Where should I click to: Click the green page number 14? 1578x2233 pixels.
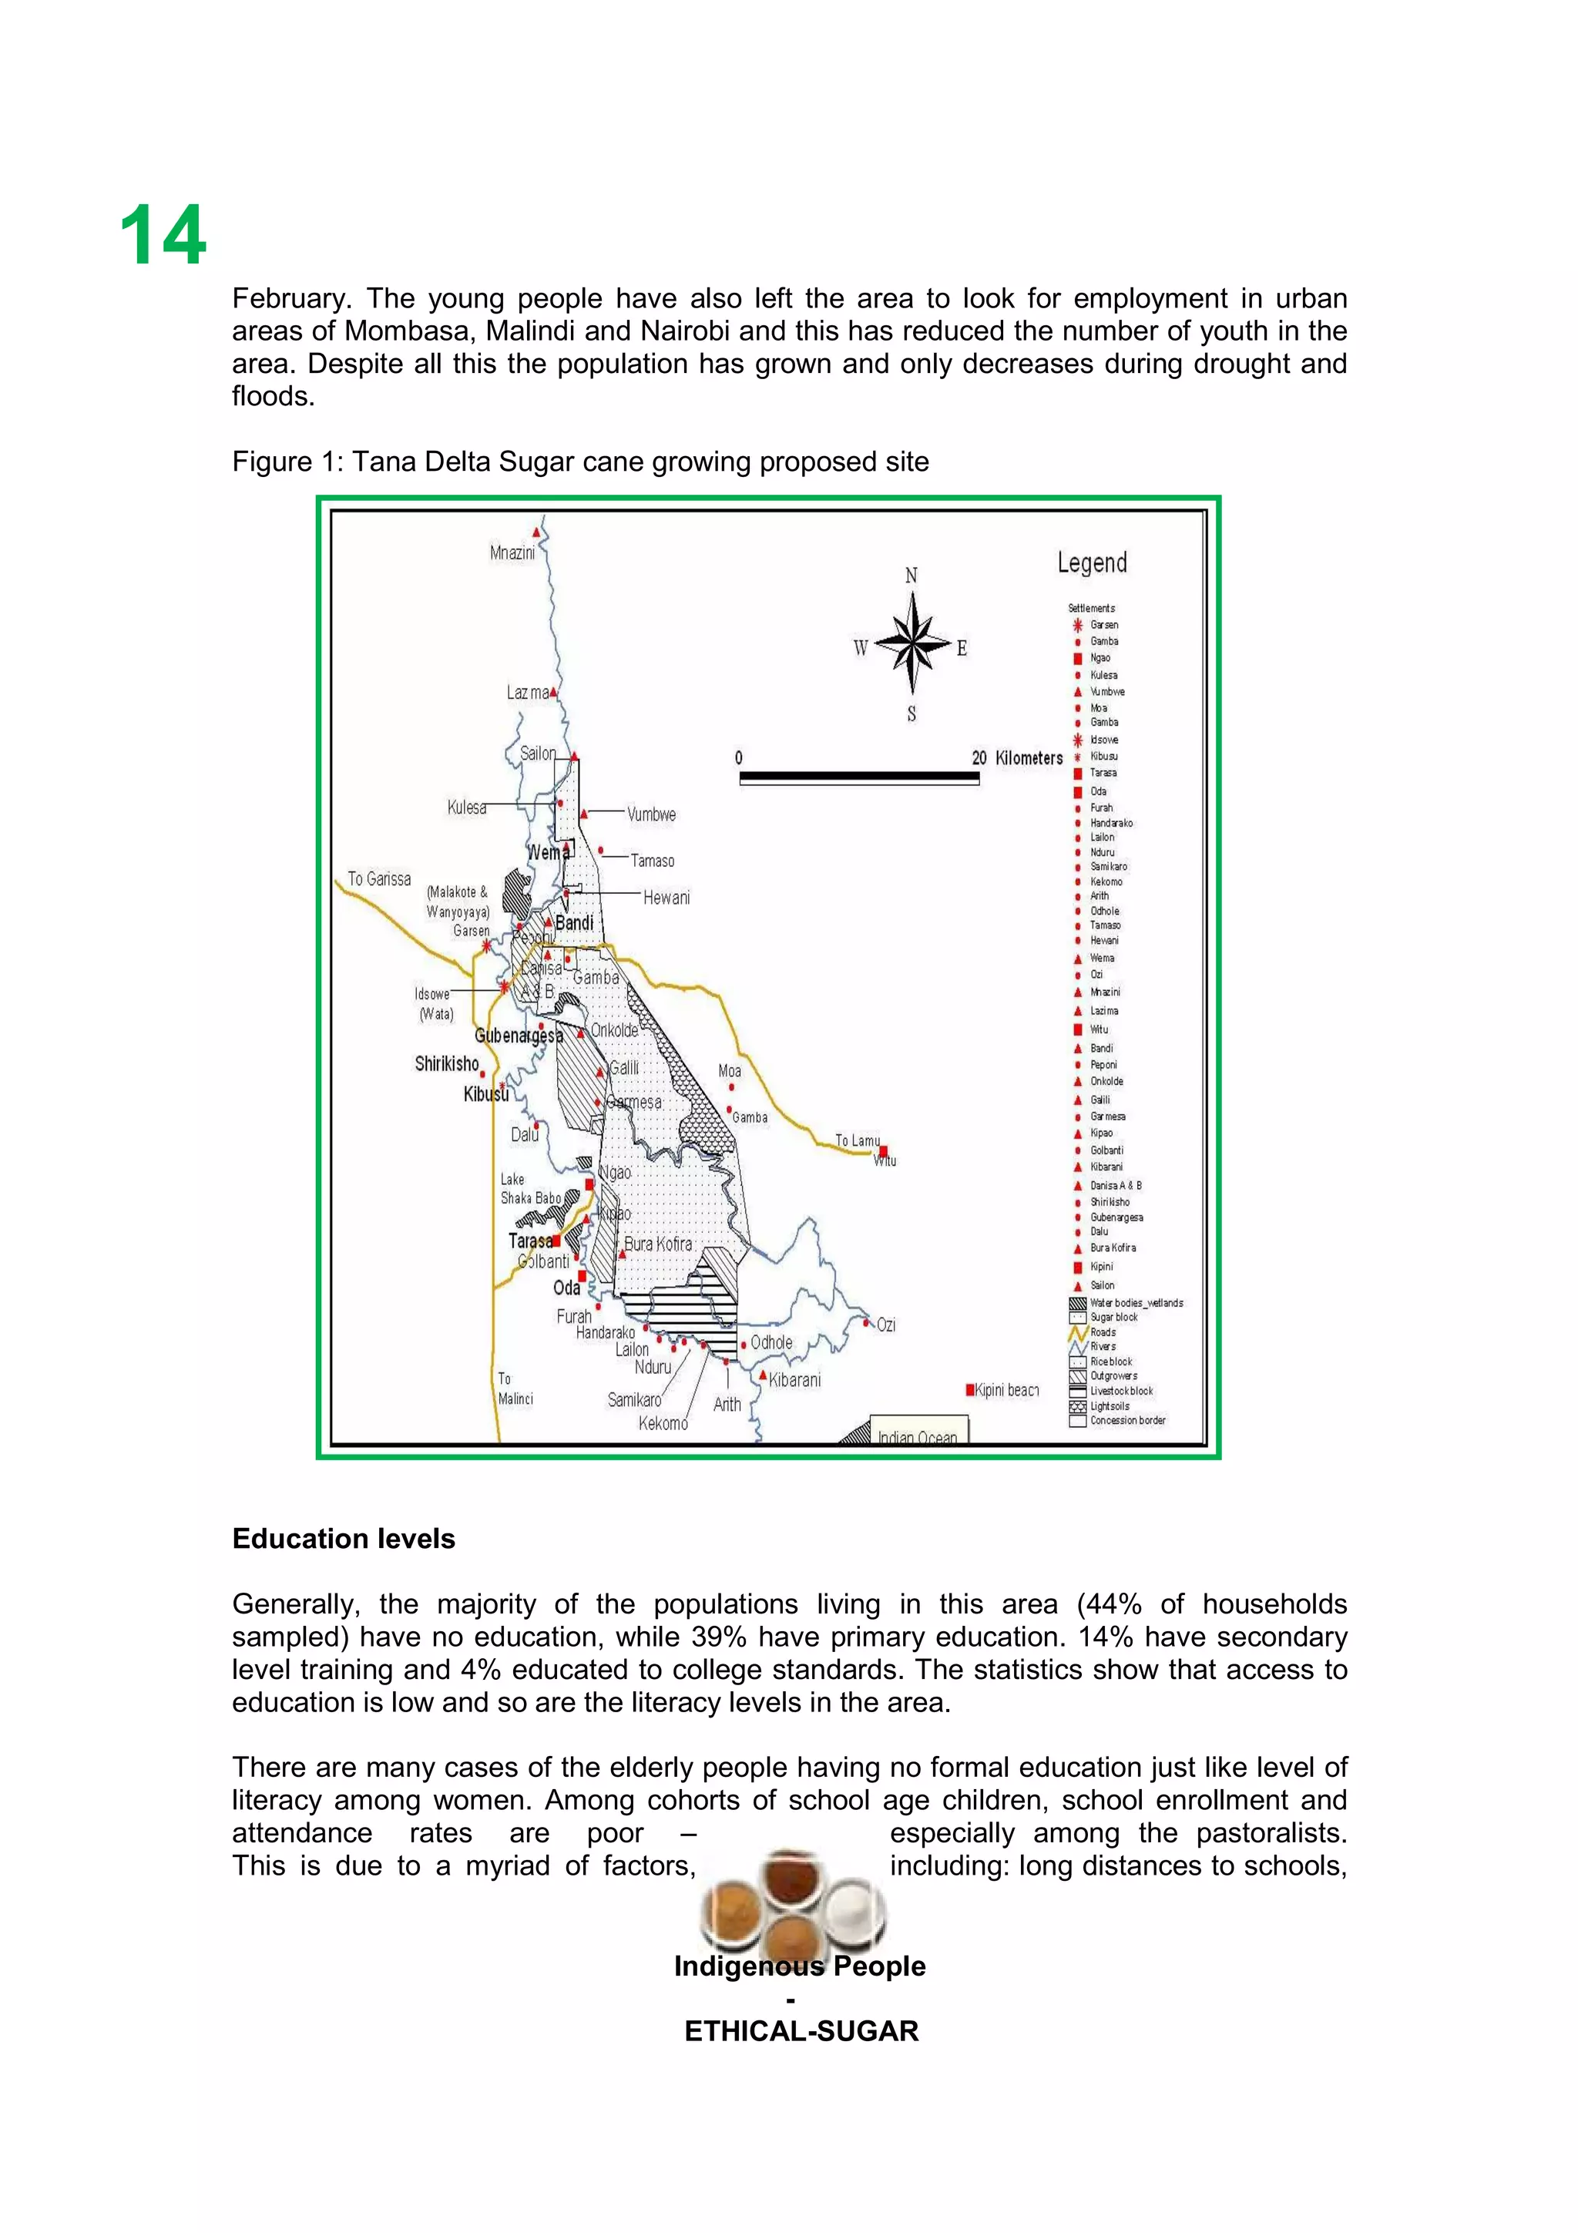tap(163, 237)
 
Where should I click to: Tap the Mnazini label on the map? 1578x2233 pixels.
tap(512, 553)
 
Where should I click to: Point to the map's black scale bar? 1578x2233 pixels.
tap(858, 777)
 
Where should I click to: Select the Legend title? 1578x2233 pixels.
tap(1092, 563)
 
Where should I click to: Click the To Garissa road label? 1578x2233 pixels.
tap(379, 879)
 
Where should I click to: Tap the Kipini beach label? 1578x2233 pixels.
tap(1006, 1390)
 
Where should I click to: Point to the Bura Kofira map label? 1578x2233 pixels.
tap(658, 1244)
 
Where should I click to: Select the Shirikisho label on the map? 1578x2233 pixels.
tap(447, 1064)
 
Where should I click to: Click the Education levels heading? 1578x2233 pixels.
tap(343, 1539)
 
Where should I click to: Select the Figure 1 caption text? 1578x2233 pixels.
tap(579, 462)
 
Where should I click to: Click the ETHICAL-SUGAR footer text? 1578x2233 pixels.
tap(801, 2030)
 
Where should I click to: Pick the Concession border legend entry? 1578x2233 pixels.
tap(1126, 1420)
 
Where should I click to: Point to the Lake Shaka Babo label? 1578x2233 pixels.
tap(530, 1188)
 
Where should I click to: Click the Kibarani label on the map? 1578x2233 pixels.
tap(794, 1380)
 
